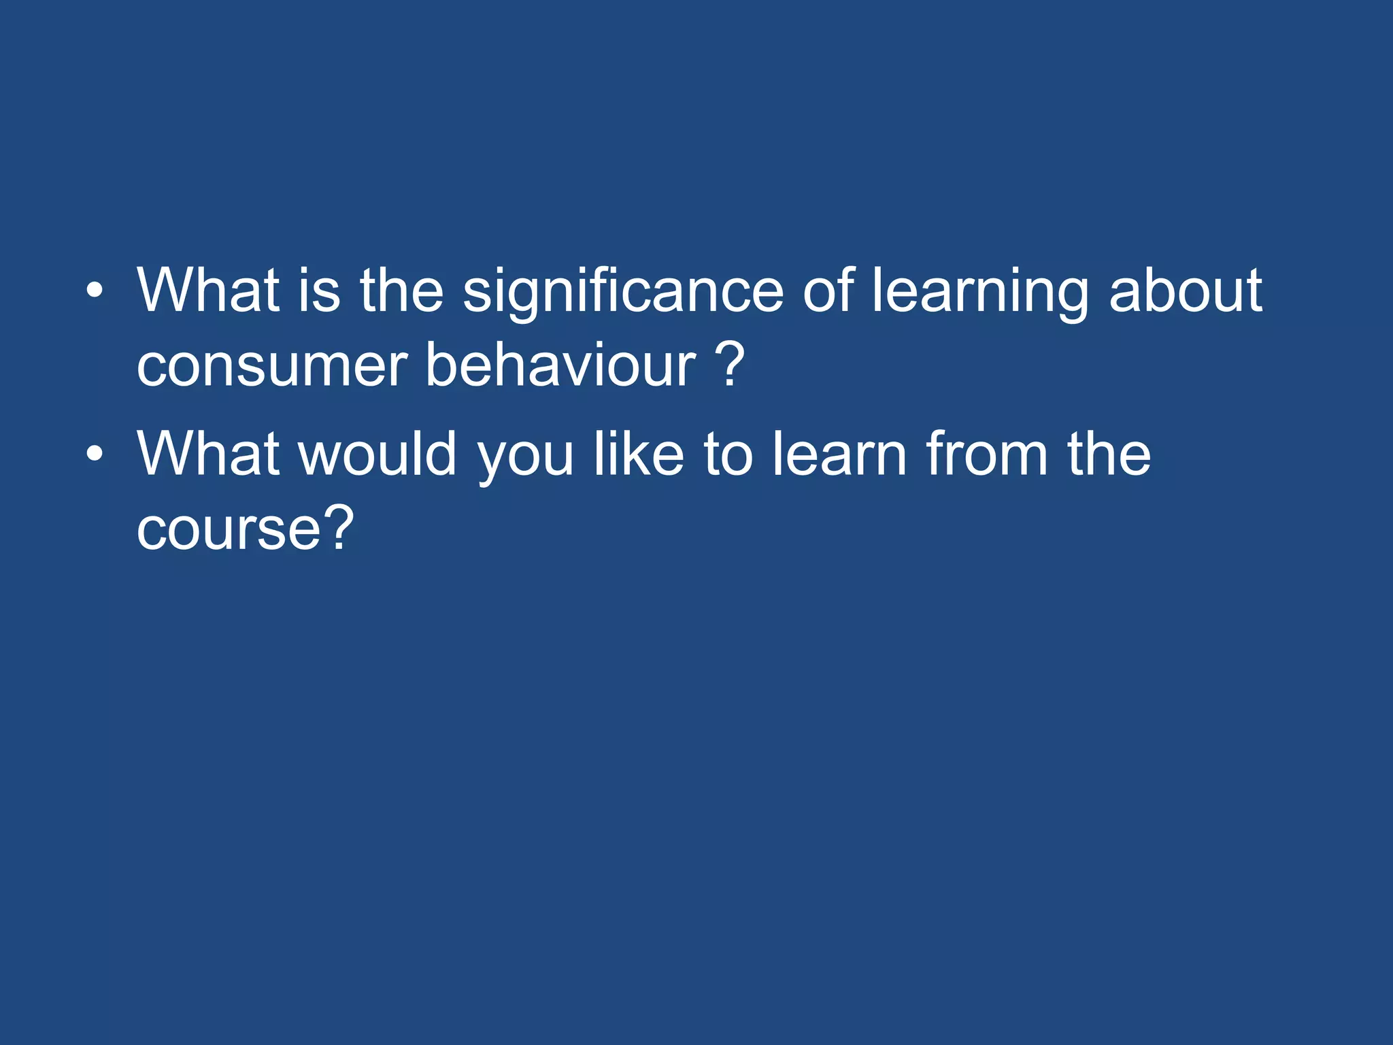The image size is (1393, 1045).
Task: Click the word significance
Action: coord(623,291)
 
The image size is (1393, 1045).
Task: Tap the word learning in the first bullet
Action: coord(980,291)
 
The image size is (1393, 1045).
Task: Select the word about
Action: coord(1186,291)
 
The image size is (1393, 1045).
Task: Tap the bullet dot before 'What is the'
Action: coord(95,291)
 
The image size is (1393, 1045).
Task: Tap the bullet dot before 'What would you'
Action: coord(95,454)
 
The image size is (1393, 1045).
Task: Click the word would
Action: coord(377,454)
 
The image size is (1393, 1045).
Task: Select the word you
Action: coord(526,454)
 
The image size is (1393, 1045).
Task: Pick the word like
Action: coord(639,454)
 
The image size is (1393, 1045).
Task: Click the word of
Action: coord(828,291)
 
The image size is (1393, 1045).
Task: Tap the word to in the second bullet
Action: coord(728,454)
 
